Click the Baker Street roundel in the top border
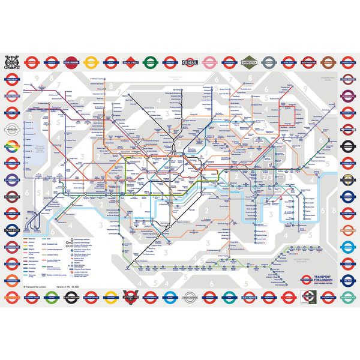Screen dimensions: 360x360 point(130,62)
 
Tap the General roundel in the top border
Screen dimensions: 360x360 point(188,62)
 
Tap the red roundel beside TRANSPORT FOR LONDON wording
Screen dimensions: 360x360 point(306,279)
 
